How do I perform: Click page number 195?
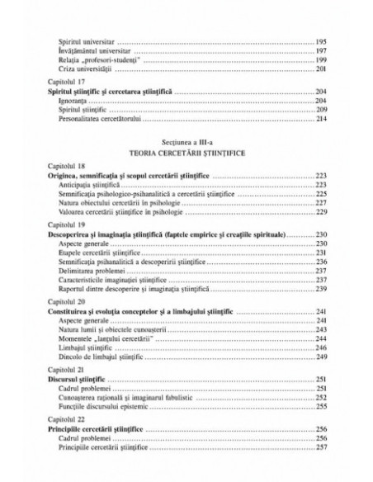pyautogui.click(x=322, y=41)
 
